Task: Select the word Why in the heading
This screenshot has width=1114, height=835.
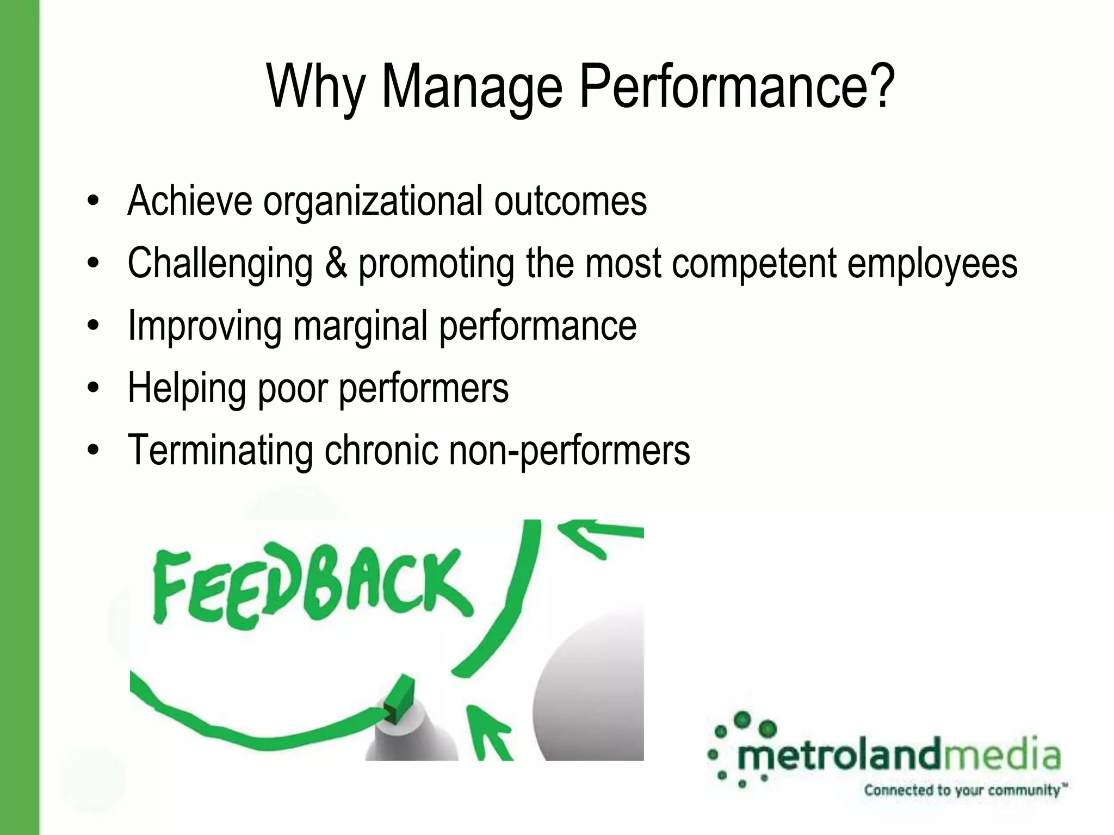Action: point(315,87)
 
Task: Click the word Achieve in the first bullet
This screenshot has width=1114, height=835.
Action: point(189,201)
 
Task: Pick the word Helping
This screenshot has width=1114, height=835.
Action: point(186,389)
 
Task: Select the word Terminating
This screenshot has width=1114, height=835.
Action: point(220,450)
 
